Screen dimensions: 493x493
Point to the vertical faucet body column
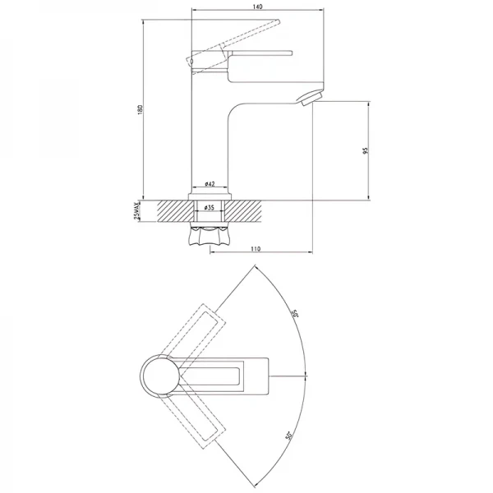pos(209,131)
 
